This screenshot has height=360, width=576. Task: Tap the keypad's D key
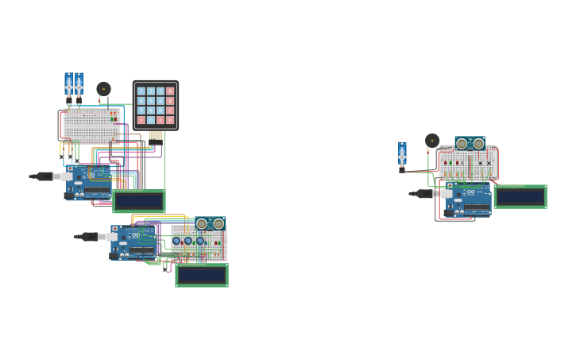click(x=170, y=120)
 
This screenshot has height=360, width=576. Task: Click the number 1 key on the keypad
click(x=141, y=91)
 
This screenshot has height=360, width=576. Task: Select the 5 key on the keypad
click(x=151, y=101)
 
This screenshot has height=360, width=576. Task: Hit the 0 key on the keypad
click(x=151, y=120)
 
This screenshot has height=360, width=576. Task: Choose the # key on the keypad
click(x=160, y=120)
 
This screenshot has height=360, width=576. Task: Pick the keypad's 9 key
click(x=160, y=110)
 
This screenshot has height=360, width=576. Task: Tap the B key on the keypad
click(x=170, y=101)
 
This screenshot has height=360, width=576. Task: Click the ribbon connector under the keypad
click(x=156, y=135)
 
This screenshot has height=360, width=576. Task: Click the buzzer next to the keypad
click(x=103, y=89)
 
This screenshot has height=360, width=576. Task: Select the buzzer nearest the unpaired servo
click(x=432, y=141)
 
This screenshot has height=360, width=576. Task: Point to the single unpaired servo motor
click(x=402, y=155)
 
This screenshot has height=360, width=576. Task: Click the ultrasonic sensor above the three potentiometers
click(x=210, y=224)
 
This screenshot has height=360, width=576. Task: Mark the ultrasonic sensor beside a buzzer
click(x=470, y=143)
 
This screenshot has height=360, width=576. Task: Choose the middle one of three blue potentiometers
click(x=187, y=241)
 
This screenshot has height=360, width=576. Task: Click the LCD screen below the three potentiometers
click(x=202, y=275)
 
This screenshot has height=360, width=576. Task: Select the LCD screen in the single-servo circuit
click(x=520, y=196)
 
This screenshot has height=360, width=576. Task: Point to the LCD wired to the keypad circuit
click(x=139, y=201)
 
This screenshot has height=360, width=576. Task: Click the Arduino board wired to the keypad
click(x=89, y=183)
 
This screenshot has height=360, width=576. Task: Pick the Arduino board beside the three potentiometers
click(x=133, y=242)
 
